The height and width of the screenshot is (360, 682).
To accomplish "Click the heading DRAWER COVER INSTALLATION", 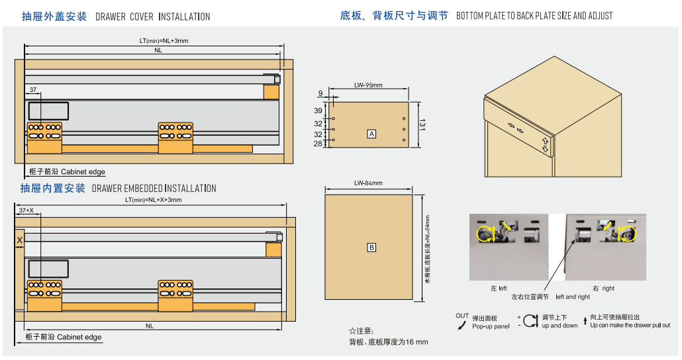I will click(153, 17).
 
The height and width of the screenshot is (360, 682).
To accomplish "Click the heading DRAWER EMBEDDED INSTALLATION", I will click(154, 189).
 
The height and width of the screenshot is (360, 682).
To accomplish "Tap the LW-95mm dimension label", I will click(368, 85).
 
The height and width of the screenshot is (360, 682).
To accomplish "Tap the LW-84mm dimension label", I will click(368, 183).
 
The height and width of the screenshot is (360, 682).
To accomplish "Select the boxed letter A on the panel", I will click(371, 134).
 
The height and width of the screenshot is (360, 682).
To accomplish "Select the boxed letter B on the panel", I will click(371, 247).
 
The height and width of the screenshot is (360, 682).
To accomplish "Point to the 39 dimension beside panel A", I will click(318, 111).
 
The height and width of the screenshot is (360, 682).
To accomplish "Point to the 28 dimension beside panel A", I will click(318, 144).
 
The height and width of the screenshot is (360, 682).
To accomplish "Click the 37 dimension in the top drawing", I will click(32, 90).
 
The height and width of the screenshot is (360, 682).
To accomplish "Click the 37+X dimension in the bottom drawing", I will click(26, 210).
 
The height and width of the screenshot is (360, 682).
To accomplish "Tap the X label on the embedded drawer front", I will click(19, 240).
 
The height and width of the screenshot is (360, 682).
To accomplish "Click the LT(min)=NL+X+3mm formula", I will click(154, 200).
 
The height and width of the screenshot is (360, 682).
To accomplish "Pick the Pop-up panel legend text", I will click(491, 326).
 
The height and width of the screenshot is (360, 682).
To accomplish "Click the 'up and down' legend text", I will click(560, 326).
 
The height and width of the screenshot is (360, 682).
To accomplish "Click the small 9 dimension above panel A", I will click(320, 93).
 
